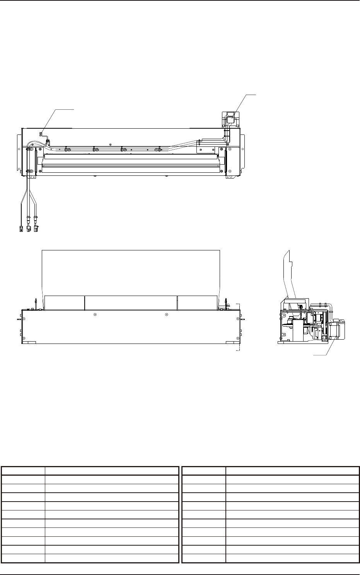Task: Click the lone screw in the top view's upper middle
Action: pyautogui.click(x=111, y=144)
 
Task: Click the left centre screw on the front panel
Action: pyautogui.click(x=95, y=315)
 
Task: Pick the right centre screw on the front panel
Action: pyautogui.click(x=166, y=315)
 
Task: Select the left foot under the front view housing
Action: pyautogui.click(x=30, y=342)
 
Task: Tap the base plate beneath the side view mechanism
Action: pyautogui.click(x=302, y=342)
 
